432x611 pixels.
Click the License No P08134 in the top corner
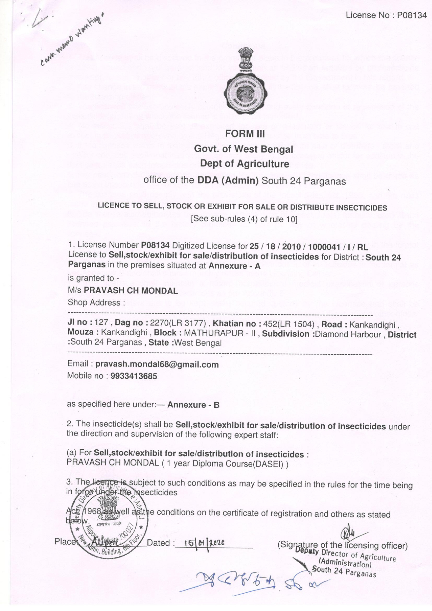pos(386,15)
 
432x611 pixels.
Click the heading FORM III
pos(245,134)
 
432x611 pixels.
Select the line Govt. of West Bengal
pos(243,149)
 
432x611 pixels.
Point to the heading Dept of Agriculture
pos(245,164)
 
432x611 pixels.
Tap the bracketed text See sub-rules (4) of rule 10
pos(244,219)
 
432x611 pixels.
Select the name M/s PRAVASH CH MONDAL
pos(122,290)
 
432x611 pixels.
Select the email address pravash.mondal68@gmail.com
pos(157,365)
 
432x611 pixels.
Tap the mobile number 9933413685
pos(134,376)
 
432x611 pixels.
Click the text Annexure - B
pos(193,405)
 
